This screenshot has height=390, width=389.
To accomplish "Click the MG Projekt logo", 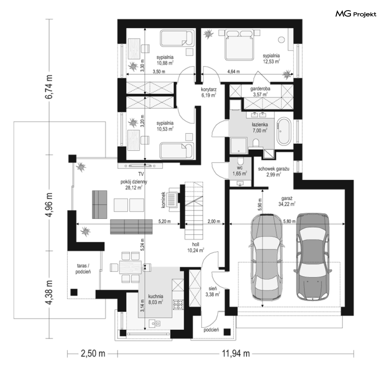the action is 356,14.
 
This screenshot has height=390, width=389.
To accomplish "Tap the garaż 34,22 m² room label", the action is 287,201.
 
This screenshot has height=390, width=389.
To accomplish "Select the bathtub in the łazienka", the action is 284,132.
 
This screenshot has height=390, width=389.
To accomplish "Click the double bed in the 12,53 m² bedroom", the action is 239,45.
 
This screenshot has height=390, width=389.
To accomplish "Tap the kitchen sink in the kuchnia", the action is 154,324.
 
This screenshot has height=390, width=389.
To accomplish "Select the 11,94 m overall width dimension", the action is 236,354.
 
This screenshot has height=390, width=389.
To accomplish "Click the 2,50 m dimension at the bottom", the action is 93,354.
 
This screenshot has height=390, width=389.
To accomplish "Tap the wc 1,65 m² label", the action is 240,171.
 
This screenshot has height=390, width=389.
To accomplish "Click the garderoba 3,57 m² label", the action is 260,92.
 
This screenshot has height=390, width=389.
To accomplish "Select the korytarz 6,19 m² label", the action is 209,92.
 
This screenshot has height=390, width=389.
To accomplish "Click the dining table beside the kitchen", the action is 130,267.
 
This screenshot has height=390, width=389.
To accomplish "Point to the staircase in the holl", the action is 194,210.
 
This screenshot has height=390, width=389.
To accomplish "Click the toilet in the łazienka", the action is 256,144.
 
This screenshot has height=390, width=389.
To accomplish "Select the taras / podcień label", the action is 83,269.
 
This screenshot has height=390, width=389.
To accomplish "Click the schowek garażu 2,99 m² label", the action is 274,172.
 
